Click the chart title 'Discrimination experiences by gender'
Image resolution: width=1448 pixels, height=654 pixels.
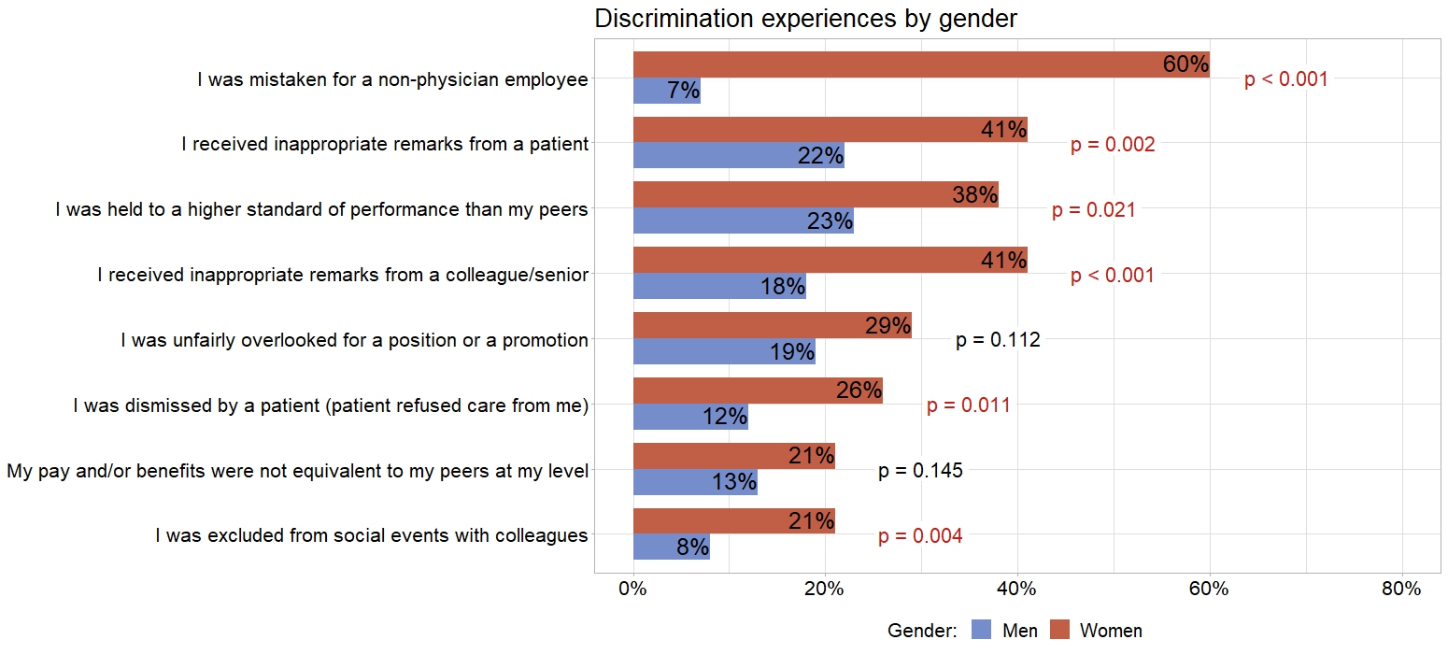click(x=805, y=19)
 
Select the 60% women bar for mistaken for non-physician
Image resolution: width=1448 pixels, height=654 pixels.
click(x=920, y=64)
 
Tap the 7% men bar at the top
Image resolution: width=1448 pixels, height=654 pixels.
click(x=666, y=91)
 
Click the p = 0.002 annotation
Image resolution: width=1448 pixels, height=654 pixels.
click(x=1112, y=145)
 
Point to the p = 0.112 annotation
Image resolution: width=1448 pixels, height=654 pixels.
click(x=997, y=340)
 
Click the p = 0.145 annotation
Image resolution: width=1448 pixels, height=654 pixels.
click(x=919, y=471)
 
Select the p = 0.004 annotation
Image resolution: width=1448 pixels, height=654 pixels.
click(x=919, y=536)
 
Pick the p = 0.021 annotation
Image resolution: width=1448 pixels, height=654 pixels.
click(x=1093, y=210)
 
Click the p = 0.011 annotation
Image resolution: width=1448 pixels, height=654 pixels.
click(x=968, y=405)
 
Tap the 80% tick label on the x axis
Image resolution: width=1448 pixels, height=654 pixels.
click(x=1401, y=590)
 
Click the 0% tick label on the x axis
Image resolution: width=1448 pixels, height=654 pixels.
click(x=633, y=590)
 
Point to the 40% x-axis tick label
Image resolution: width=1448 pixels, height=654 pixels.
click(x=1017, y=590)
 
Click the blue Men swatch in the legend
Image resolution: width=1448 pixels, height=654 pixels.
click(x=981, y=631)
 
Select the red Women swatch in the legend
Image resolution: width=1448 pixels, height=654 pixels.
click(x=1059, y=631)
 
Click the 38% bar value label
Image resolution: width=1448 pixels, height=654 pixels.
click(x=974, y=195)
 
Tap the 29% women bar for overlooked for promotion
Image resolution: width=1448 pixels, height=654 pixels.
click(x=772, y=325)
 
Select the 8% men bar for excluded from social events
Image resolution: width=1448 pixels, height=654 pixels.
click(x=671, y=547)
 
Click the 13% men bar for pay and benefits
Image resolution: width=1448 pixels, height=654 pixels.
click(x=695, y=482)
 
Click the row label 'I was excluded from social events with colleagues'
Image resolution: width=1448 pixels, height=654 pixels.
click(x=371, y=535)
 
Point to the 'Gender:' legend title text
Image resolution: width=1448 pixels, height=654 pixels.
click(x=922, y=631)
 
